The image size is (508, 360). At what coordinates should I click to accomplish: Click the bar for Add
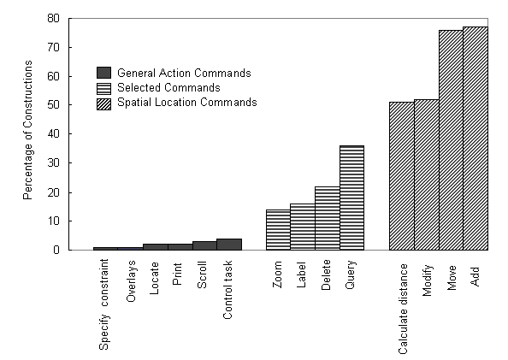click(x=476, y=139)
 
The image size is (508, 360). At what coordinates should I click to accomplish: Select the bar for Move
click(x=451, y=140)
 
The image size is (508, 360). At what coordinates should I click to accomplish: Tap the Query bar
click(x=351, y=198)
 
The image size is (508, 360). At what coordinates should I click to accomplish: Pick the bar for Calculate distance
click(x=402, y=176)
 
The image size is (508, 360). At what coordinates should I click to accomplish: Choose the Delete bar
click(x=328, y=218)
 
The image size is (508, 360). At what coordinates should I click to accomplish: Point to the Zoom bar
click(x=278, y=230)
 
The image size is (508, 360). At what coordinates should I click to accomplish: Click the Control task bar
click(x=229, y=245)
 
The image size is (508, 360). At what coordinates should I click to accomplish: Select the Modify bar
click(x=427, y=175)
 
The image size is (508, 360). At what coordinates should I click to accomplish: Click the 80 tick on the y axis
click(x=54, y=19)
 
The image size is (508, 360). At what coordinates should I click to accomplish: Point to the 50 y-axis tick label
click(x=54, y=105)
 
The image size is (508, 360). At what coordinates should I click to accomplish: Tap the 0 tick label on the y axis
click(x=56, y=250)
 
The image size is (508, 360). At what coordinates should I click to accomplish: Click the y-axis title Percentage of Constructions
click(x=28, y=130)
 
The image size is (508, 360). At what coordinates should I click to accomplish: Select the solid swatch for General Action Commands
click(x=103, y=73)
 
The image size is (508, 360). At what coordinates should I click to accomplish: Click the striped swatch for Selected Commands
click(x=103, y=88)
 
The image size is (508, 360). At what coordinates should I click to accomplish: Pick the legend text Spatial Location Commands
click(x=187, y=103)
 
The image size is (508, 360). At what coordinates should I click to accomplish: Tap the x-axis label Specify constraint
click(x=104, y=304)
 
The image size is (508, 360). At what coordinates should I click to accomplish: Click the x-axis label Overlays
click(x=131, y=281)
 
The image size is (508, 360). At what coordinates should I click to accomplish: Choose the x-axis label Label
click(x=301, y=274)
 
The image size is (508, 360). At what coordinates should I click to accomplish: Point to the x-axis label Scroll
click(x=202, y=274)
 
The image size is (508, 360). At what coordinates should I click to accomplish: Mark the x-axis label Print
click(x=177, y=274)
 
